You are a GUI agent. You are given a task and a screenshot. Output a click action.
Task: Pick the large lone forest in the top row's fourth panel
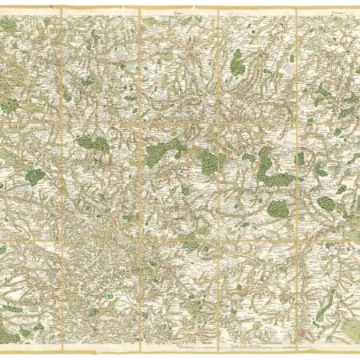coord(238,62)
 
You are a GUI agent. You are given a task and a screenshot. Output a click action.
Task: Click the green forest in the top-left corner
coord(9,26)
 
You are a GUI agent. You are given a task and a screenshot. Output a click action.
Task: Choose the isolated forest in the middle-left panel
coord(34,175)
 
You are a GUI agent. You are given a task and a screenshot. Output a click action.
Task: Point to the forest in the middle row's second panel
coord(94,146)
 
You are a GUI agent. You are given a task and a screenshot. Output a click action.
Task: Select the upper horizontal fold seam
coord(180,122)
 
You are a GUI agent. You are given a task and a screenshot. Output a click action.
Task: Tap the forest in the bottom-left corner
coord(10,336)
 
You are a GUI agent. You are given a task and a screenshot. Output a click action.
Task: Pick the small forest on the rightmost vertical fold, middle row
coord(299,158)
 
